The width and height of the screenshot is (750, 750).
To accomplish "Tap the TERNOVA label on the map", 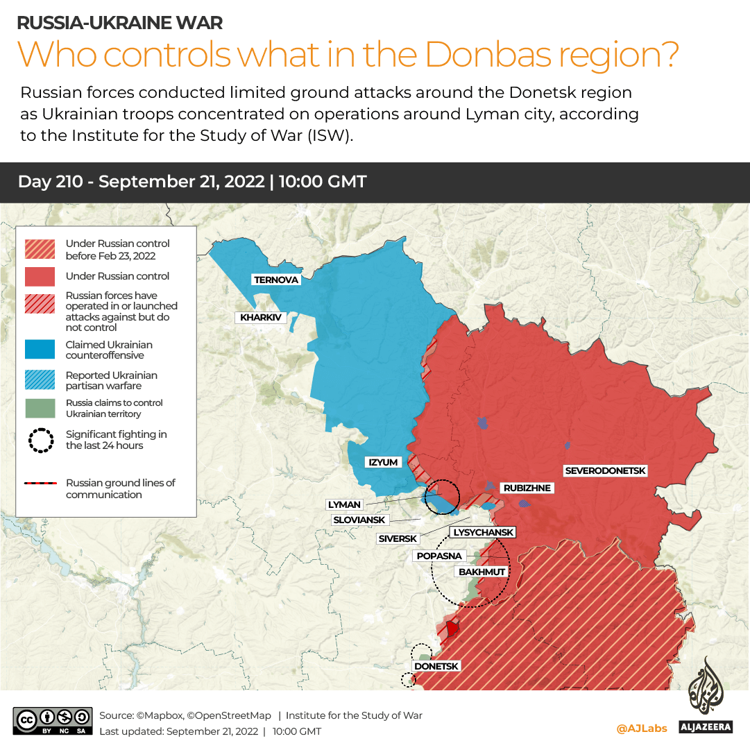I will point(276,280).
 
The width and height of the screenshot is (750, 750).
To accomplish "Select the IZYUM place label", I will point(383,462).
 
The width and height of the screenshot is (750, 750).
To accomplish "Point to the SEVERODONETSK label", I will point(605,471).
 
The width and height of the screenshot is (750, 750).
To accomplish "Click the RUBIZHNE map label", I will point(527,488).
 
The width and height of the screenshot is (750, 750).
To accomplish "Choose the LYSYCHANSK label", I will point(483,533).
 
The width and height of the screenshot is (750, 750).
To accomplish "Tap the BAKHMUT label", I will point(481,572).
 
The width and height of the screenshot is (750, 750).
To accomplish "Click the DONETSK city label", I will point(436,666).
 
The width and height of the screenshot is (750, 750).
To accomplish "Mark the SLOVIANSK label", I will point(359,520).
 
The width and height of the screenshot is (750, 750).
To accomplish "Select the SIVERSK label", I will point(398,538).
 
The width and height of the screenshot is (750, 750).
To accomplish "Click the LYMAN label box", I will point(344,504).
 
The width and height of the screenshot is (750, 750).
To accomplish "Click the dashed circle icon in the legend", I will point(41,440).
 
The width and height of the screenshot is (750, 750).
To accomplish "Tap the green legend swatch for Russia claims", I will point(40,408).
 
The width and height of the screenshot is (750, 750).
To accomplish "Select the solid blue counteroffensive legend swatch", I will point(40,350).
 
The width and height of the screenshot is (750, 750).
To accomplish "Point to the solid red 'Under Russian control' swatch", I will point(40,276).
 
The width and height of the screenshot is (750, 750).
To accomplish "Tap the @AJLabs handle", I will point(641,728).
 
